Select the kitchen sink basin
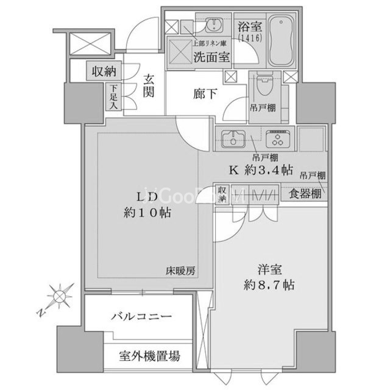tap(232, 138)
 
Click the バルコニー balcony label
tap(141, 317)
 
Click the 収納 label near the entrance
tap(104, 71)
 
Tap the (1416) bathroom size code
tap(249, 38)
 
